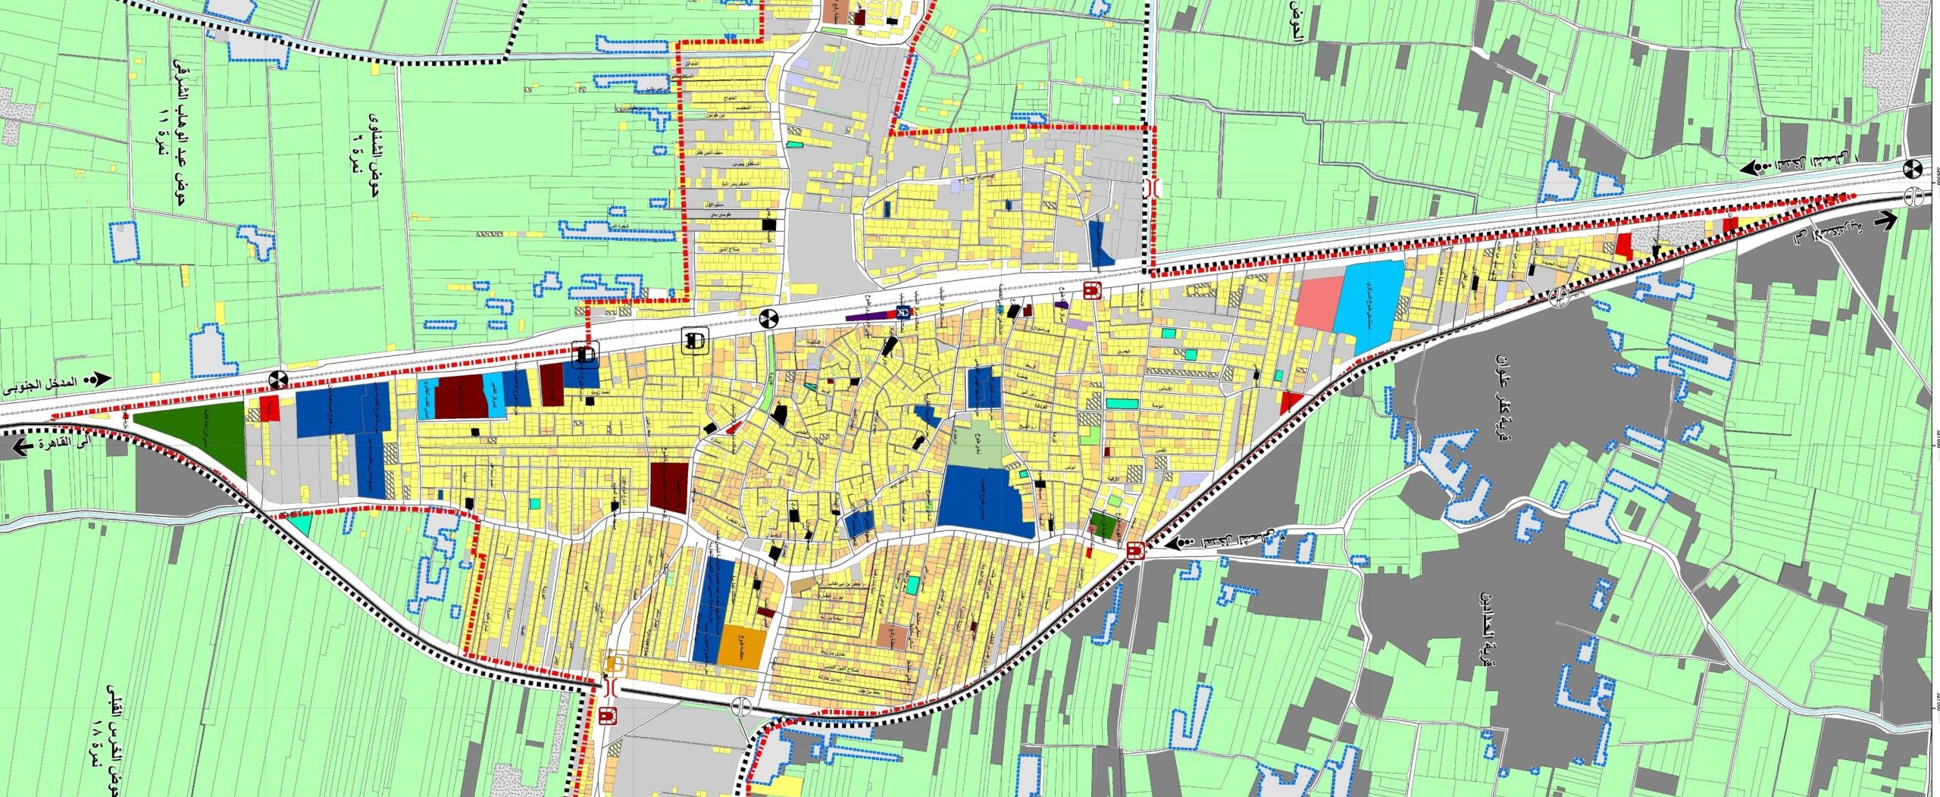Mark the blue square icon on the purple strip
coord(902,312)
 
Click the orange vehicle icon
coord(613,665)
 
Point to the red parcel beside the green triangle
coord(269,408)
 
